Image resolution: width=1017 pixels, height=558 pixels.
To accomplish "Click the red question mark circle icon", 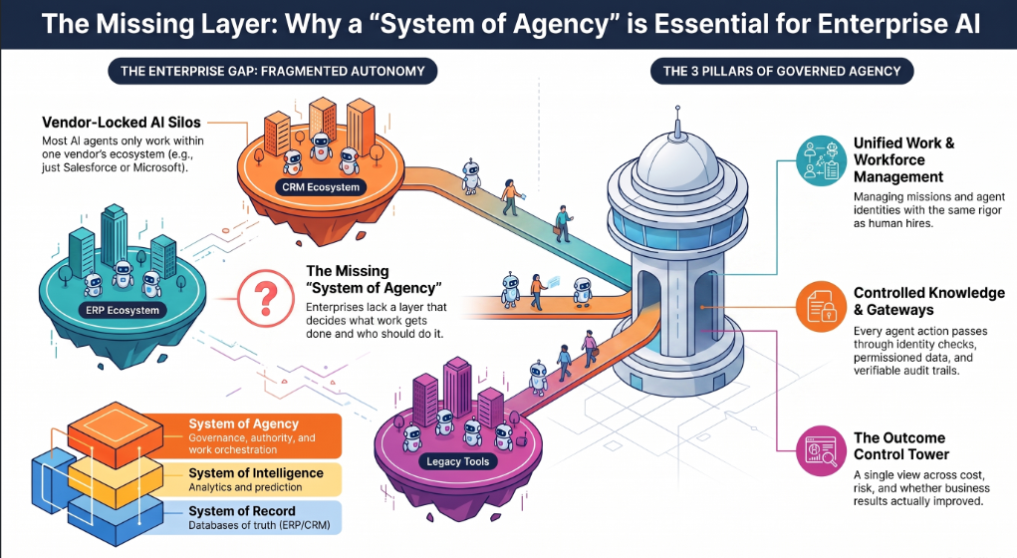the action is (x=266, y=299).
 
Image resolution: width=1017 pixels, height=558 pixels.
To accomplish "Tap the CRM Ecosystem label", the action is (x=321, y=187).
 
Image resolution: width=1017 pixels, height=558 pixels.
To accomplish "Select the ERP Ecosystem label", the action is (x=123, y=310).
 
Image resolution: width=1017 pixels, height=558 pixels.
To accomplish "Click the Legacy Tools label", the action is (x=458, y=462).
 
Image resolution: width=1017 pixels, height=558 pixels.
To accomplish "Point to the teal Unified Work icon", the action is (x=821, y=160).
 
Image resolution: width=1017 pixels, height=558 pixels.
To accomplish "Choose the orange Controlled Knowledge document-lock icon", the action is (x=821, y=307).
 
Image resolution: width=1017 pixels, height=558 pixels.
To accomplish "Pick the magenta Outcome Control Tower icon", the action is (x=821, y=451).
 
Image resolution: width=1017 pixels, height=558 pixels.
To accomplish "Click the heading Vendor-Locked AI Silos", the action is (x=122, y=122).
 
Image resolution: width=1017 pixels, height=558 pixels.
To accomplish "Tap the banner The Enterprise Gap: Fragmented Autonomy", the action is (x=272, y=72).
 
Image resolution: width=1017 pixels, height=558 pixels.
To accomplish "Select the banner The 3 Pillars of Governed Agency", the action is (x=782, y=72).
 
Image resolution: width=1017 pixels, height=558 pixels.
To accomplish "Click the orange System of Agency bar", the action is (x=258, y=436).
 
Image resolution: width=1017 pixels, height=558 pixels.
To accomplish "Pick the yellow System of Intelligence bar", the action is (x=258, y=479).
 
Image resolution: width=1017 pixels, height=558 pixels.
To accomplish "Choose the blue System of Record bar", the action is (x=258, y=517).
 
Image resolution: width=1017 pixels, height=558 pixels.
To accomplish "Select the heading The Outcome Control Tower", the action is (x=900, y=445).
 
